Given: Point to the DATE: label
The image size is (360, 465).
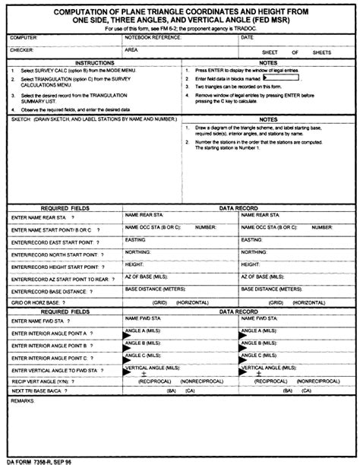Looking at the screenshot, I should pyautogui.click(x=247, y=36).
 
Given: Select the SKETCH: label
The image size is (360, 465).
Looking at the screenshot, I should pyautogui.click(x=20, y=119).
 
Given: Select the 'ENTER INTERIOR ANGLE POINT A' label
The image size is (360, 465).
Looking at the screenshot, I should pyautogui.click(x=50, y=334).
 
